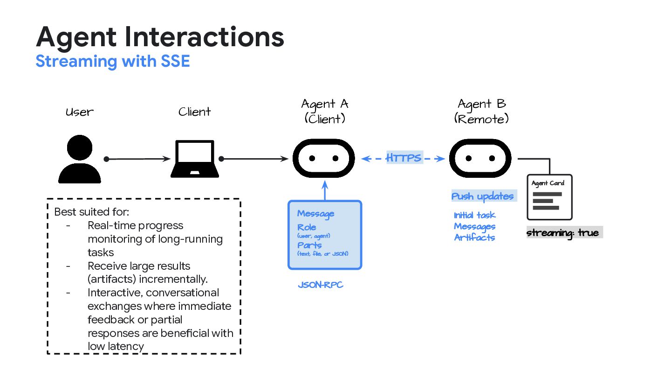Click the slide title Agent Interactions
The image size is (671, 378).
[160, 37]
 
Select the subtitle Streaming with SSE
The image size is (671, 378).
[113, 62]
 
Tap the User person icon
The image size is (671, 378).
[80, 159]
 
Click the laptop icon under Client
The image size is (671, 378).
[195, 159]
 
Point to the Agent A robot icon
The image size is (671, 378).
[323, 159]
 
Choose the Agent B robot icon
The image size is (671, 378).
[480, 159]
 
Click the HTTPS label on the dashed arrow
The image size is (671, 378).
[404, 158]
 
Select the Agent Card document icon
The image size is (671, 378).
[549, 197]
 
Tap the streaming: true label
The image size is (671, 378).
[562, 232]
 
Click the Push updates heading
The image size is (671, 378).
[482, 196]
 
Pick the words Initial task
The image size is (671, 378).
[474, 215]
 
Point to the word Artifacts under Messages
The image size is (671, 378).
[474, 238]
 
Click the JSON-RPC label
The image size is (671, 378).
[321, 285]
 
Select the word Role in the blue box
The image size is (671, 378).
[307, 227]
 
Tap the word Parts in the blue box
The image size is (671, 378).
[309, 245]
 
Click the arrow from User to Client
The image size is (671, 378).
[138, 159]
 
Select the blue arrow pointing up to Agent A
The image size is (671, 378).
[325, 191]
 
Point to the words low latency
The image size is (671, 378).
[116, 346]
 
